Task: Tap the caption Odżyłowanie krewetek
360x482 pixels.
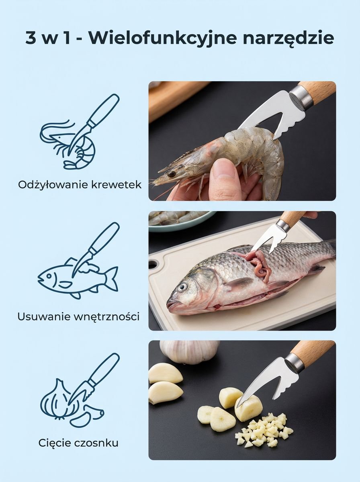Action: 80,185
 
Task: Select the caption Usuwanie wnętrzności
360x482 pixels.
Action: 78,317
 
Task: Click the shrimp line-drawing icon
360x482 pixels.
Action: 80,131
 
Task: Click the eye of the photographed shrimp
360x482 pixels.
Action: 171,174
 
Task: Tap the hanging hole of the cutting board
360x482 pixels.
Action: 153,263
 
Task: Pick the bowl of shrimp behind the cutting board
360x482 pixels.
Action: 180,221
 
